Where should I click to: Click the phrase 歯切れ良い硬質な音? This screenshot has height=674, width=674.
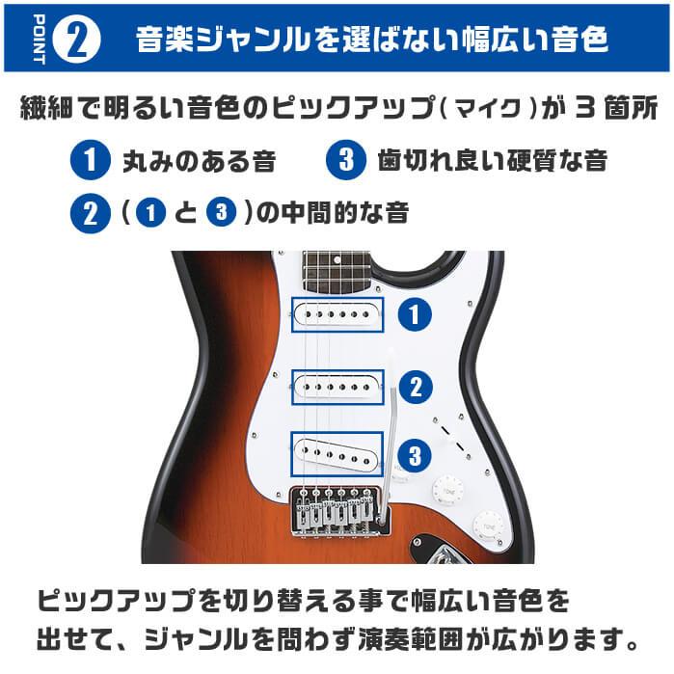(x=493, y=160)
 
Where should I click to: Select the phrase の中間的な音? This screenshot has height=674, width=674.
(x=333, y=212)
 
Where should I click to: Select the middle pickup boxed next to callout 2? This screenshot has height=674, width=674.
(x=337, y=386)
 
